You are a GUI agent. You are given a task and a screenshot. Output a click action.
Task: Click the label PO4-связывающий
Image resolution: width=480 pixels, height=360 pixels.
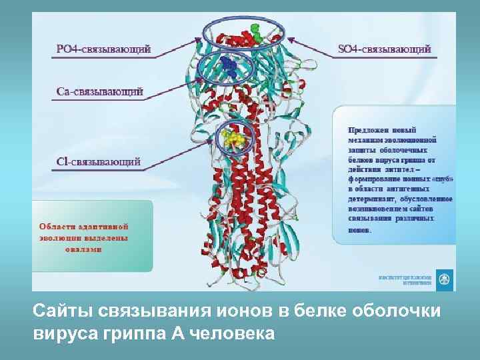pyautogui.click(x=103, y=49)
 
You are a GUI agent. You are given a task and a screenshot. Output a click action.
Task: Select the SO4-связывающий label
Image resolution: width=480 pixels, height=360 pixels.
pyautogui.click(x=385, y=49)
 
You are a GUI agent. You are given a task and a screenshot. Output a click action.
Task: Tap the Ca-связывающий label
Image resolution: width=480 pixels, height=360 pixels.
pyautogui.click(x=99, y=92)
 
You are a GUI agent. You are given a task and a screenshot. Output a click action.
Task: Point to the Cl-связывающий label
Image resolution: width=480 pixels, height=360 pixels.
pyautogui.click(x=98, y=161)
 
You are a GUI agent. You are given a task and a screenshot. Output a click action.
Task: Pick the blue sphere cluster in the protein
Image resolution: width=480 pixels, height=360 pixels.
pyautogui.click(x=228, y=65)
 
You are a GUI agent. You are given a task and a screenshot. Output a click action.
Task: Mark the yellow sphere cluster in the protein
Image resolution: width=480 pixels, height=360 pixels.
pyautogui.click(x=233, y=139)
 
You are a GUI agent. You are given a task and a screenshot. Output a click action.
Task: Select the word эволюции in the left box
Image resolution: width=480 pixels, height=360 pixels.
pyautogui.click(x=59, y=237)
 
